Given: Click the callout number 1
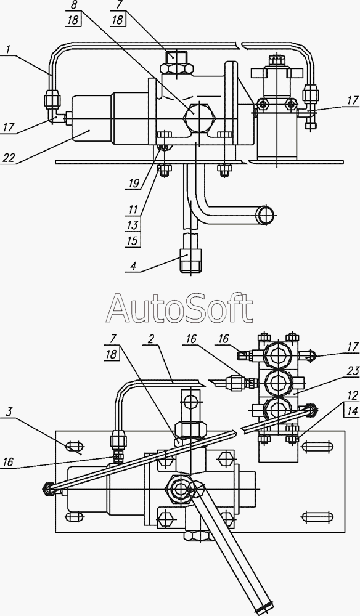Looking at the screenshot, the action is coord(8,50).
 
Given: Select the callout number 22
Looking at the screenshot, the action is coord(9,158).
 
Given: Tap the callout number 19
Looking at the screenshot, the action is coord(133,183).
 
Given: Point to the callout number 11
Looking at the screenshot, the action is coord(133,209).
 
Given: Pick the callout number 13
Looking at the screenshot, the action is coord(133,225).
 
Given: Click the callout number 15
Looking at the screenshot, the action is coord(133,240).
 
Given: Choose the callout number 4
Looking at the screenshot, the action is coord(134,266).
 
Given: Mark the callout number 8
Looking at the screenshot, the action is coord(73,5).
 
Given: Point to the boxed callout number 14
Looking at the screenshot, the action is coord(353,411).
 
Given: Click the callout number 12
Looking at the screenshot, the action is coord(353,396).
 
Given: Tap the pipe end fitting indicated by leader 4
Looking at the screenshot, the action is coord(190,260).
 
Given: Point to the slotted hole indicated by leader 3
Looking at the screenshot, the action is coord(74,447).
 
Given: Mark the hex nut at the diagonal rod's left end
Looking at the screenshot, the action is coord(47,488).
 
